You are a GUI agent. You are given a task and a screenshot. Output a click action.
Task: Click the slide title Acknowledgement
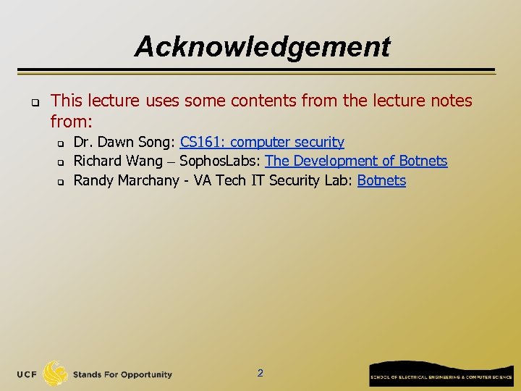coord(261,47)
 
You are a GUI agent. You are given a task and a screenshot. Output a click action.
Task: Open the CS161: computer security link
coord(262,142)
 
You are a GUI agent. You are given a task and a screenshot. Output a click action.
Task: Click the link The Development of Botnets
coord(356,161)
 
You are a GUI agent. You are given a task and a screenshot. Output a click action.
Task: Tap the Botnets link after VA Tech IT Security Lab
coord(381,180)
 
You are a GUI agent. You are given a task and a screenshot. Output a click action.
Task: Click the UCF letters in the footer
coord(28,374)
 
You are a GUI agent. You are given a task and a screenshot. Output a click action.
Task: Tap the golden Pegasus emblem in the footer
coord(55,374)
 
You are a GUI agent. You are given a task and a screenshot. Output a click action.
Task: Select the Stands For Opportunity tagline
coord(122,374)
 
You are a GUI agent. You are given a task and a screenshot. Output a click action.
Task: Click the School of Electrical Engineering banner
coord(441,374)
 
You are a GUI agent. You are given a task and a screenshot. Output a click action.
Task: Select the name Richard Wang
coord(118,161)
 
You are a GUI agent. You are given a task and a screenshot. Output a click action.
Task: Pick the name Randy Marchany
coord(126,180)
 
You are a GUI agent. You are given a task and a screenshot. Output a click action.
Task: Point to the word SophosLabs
coord(219,161)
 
